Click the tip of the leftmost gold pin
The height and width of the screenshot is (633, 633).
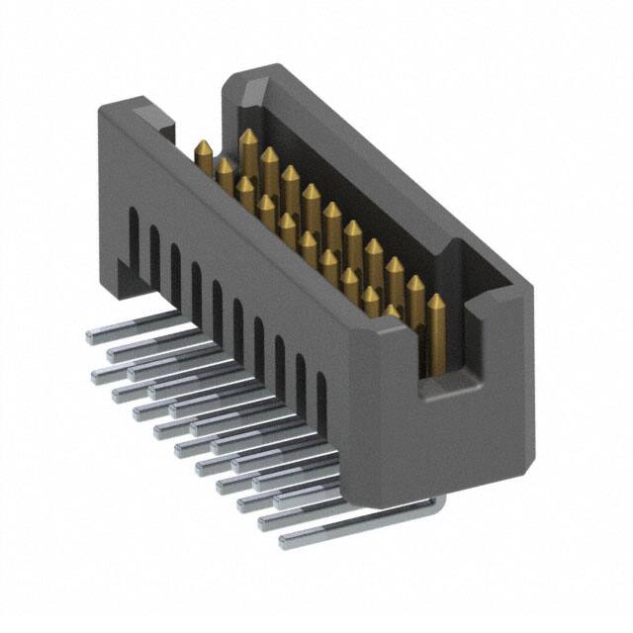click(x=204, y=147)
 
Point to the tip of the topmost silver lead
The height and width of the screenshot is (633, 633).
click(x=91, y=336)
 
